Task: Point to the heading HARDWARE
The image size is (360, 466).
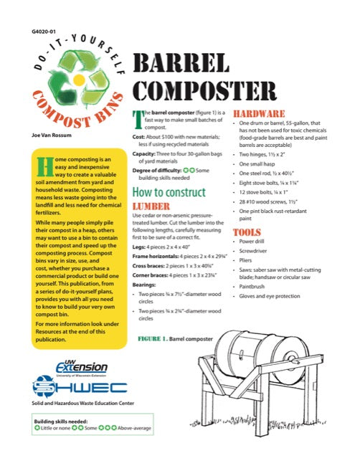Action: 260,114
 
